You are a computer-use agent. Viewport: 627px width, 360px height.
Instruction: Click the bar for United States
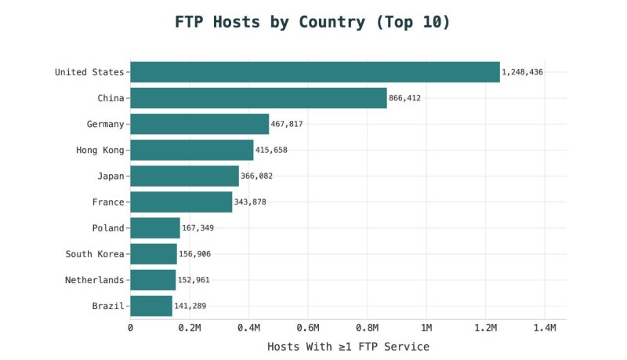(314, 72)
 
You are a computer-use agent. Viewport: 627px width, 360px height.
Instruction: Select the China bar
(258, 98)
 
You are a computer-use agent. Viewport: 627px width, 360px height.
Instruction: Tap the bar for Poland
(154, 228)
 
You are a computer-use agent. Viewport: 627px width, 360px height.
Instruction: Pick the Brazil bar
(150, 306)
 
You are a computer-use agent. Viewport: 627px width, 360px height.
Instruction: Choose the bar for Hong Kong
(191, 150)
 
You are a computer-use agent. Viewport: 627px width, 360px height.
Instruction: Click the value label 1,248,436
(523, 72)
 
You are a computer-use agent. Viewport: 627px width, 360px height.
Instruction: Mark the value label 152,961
(194, 280)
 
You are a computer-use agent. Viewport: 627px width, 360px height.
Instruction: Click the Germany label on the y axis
(105, 124)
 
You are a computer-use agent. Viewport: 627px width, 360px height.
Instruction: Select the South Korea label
(94, 254)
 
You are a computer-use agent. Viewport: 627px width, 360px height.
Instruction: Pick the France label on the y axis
(108, 202)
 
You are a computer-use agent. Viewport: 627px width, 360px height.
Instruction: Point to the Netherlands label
(94, 280)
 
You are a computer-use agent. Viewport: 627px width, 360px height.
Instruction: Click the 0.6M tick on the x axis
(308, 328)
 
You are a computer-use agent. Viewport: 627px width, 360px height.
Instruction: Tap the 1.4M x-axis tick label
(545, 328)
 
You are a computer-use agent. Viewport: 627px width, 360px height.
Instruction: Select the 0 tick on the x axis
(130, 328)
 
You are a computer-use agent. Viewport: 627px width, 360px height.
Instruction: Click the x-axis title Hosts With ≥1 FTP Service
(348, 346)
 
